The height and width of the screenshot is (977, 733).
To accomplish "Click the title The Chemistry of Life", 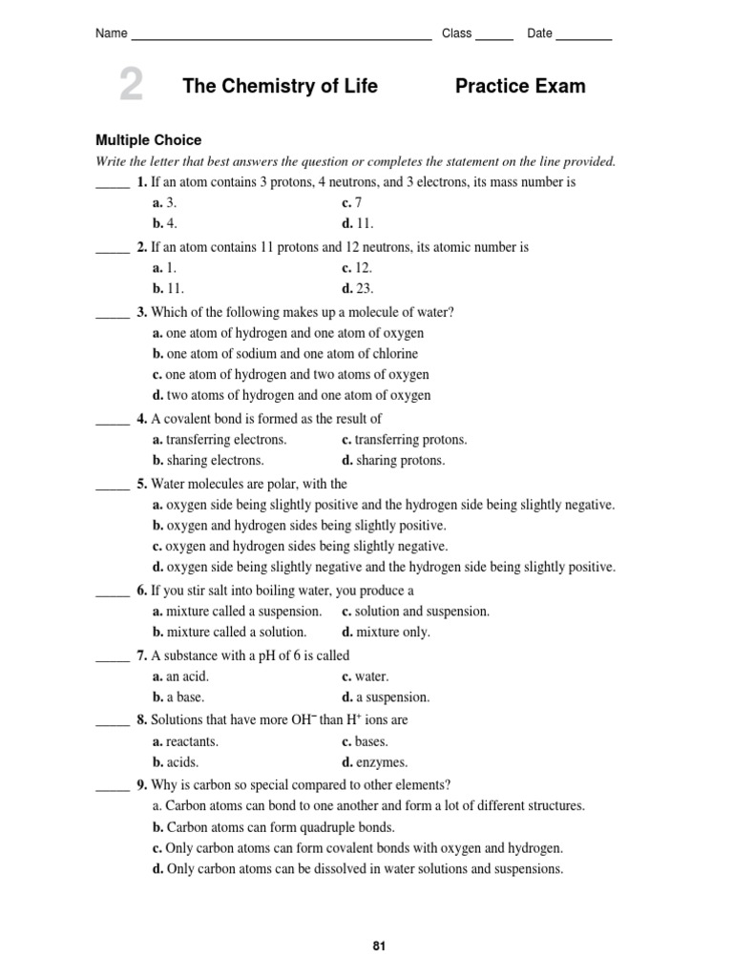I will pyautogui.click(x=280, y=87).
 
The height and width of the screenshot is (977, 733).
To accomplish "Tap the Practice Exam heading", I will pyautogui.click(x=520, y=87).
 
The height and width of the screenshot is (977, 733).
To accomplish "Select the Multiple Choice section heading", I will pyautogui.click(x=148, y=140).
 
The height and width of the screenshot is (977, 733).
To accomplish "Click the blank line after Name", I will pyautogui.click(x=281, y=38).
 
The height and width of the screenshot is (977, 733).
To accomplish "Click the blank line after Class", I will pyautogui.click(x=493, y=38).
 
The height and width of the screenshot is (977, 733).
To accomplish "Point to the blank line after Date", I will pyautogui.click(x=583, y=38).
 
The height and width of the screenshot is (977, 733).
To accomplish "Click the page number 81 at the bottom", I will pyautogui.click(x=379, y=946).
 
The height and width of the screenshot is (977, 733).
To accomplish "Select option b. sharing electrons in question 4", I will pyautogui.click(x=207, y=461).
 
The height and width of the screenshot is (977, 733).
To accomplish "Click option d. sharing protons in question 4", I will pyautogui.click(x=393, y=461).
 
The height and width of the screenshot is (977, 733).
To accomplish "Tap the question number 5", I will pyautogui.click(x=141, y=484).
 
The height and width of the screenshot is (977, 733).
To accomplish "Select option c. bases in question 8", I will pyautogui.click(x=365, y=741).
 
